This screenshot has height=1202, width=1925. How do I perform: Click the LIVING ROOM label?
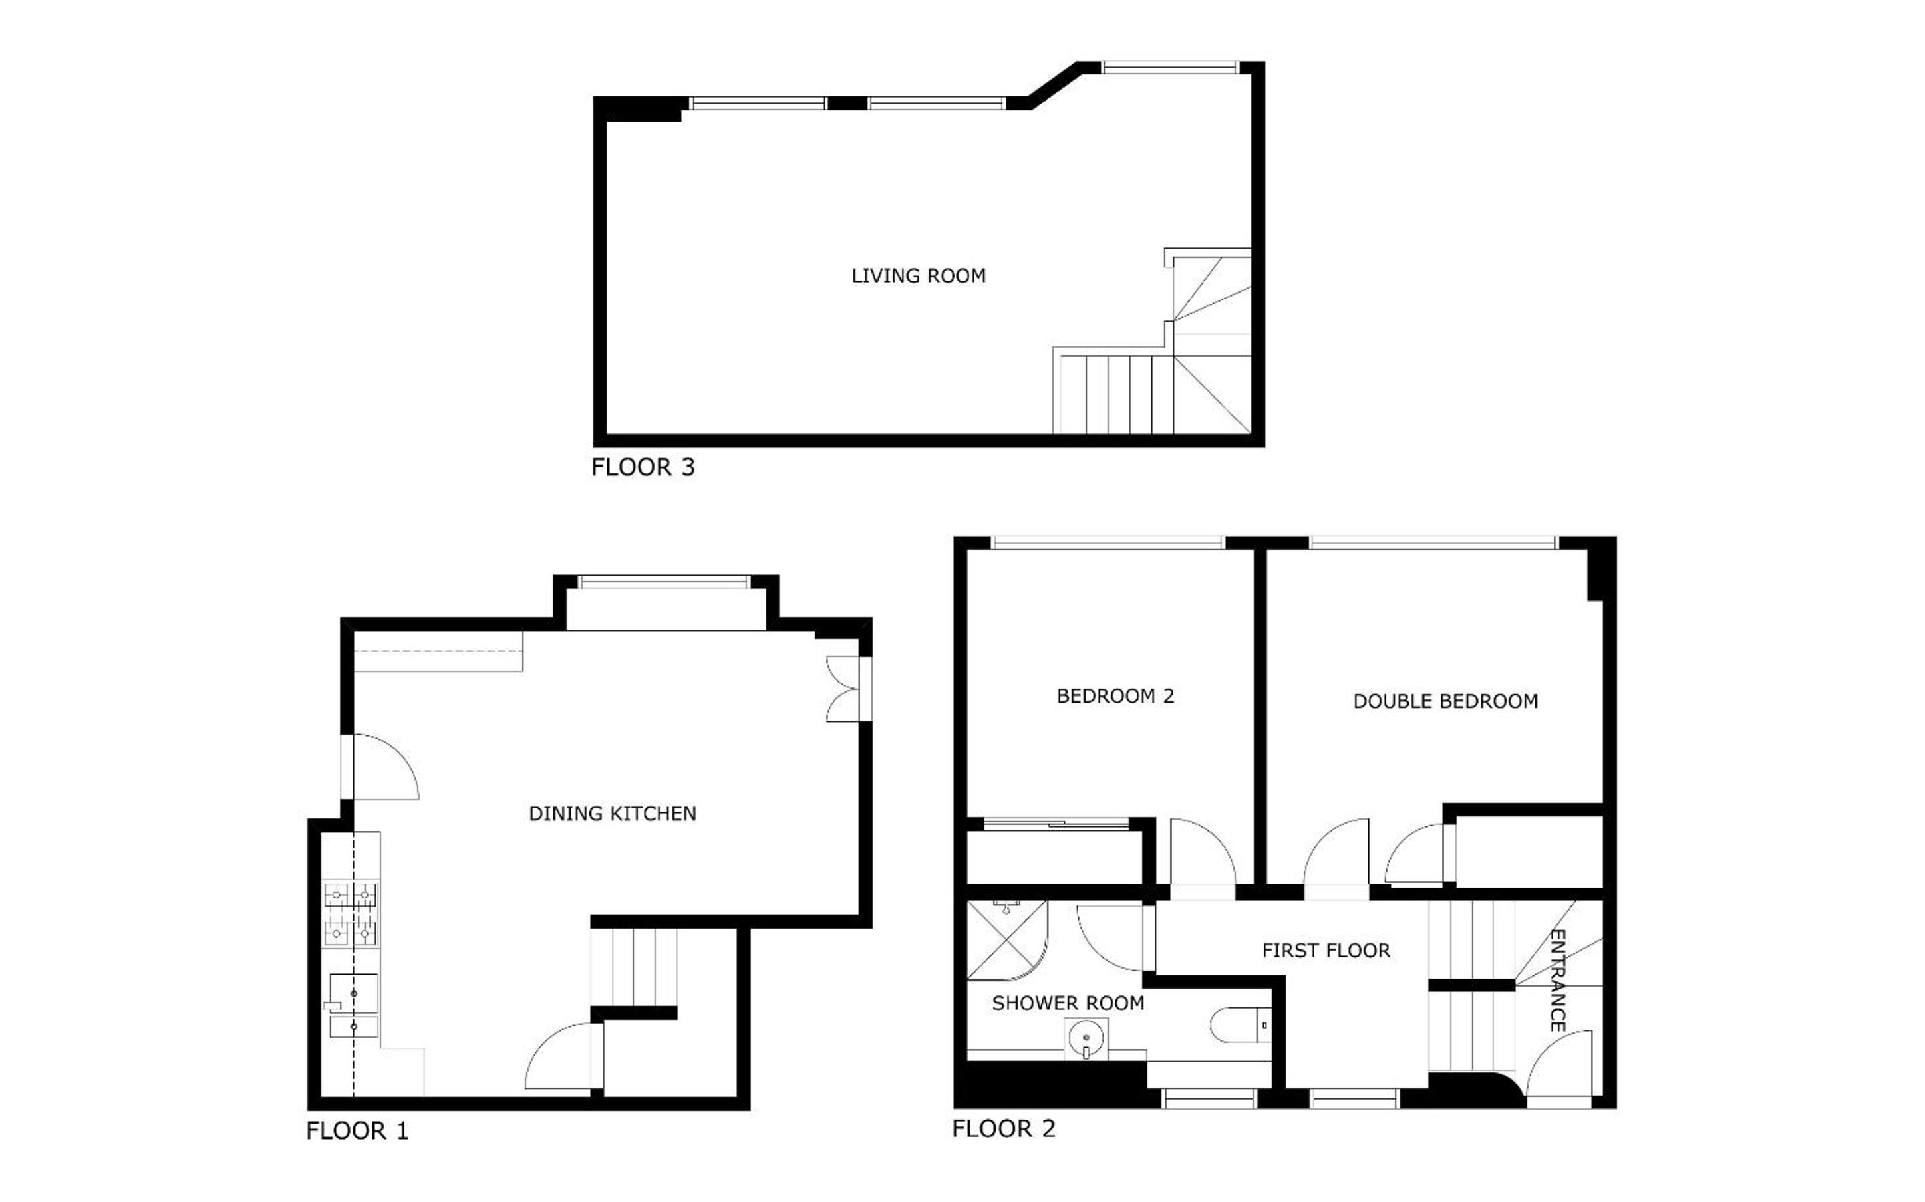[x=919, y=276]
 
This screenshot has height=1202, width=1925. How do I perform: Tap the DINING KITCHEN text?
[x=612, y=813]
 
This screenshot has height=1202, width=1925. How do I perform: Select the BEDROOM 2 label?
[x=1115, y=695]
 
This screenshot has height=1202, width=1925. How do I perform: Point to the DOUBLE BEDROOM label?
[x=1445, y=701]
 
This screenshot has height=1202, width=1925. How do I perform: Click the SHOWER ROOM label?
[x=1068, y=1003]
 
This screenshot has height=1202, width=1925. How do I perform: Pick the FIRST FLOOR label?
[x=1326, y=950]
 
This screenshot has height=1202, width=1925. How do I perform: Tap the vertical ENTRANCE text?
[x=1558, y=980]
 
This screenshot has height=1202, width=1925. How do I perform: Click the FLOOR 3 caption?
[x=643, y=467]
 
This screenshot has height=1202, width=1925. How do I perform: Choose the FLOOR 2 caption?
[x=1004, y=1128]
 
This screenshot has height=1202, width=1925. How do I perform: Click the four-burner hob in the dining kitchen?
[x=350, y=914]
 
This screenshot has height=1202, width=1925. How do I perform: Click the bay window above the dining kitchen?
[x=663, y=582]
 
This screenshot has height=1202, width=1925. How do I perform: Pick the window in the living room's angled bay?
[x=1169, y=68]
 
